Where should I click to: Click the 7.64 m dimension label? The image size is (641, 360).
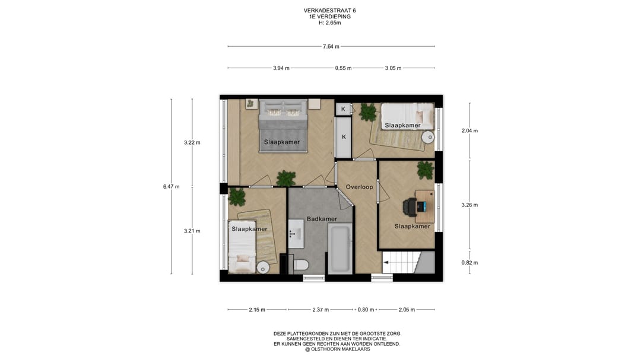point(331,47)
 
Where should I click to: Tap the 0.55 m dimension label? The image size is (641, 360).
point(344,68)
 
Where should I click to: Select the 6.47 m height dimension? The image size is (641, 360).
point(171,187)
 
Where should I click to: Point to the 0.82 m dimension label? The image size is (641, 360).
point(469,263)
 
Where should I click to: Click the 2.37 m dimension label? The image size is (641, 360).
point(320,310)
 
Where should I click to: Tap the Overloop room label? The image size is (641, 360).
point(359,187)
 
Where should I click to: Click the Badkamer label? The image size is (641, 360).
point(322,219)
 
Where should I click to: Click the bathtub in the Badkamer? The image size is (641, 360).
point(340,249)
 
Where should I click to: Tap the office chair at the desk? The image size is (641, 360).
point(409,206)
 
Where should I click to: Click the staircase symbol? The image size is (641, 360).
point(408,262)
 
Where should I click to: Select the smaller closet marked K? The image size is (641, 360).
point(343,109)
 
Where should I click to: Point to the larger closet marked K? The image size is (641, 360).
point(344,137)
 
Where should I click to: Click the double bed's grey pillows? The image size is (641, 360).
point(283,109)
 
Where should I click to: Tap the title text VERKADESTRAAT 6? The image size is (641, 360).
point(326,11)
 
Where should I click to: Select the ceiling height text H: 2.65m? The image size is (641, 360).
point(329,23)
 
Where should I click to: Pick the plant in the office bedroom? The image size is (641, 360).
point(425,170)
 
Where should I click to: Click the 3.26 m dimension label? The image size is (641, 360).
point(469,205)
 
